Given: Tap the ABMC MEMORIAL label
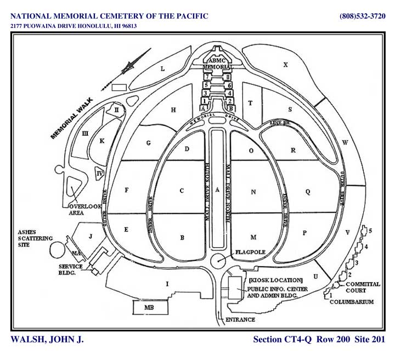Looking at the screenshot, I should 217,64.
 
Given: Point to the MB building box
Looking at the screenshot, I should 148,308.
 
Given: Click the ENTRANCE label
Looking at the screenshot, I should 240,319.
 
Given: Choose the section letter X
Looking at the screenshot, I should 285,65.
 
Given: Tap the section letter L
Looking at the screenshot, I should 162,69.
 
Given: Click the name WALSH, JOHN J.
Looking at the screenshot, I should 47,340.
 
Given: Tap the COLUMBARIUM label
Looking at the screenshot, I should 352,301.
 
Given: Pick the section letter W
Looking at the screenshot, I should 345,142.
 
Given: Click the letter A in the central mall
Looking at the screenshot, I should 218,190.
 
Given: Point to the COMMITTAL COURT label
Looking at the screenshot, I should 363,287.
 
